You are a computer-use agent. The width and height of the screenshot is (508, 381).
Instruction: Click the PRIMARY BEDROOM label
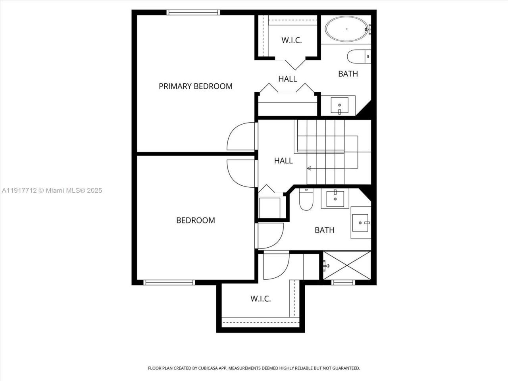195,86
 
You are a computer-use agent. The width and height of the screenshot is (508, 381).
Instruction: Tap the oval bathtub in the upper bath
346,29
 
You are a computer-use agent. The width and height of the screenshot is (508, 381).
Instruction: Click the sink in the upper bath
340,105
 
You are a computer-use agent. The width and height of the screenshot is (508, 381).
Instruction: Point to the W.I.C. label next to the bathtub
292,40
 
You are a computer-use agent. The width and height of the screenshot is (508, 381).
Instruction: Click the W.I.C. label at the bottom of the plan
261,298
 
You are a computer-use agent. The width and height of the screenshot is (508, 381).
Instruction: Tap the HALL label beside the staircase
283,161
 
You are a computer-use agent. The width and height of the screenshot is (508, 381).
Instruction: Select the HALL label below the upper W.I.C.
287,79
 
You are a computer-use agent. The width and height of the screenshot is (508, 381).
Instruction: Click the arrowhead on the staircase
309,168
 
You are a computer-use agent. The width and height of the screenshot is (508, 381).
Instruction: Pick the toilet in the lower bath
306,200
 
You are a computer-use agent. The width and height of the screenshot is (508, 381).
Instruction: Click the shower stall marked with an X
347,265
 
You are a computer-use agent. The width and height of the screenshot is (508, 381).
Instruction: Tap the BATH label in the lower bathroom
324,230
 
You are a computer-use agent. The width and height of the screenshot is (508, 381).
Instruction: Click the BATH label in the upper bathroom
348,74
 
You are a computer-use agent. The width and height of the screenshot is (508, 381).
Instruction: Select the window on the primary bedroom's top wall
193,12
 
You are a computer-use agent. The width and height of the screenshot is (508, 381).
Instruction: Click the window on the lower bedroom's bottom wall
169,283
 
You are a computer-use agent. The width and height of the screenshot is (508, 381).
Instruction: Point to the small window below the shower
343,283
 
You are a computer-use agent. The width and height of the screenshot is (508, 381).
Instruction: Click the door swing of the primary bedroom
241,137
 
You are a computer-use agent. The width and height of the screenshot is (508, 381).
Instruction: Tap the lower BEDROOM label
195,220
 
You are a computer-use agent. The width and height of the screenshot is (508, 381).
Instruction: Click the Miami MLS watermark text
52,190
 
